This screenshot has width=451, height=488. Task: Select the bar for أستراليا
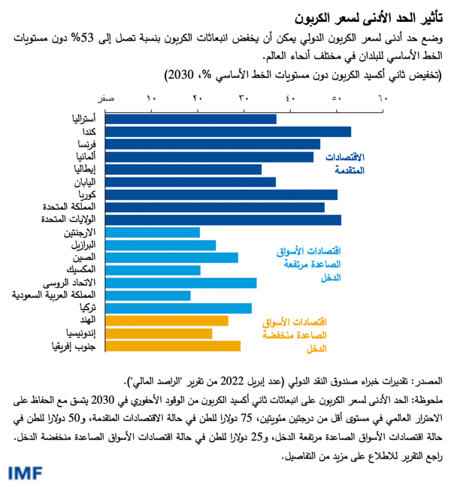[x=191, y=119]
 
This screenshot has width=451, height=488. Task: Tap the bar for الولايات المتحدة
[x=223, y=220]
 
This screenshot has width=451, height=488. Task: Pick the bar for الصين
[x=171, y=257]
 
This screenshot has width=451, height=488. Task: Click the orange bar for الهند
[x=167, y=320]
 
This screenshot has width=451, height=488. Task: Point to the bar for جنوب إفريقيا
[x=173, y=346]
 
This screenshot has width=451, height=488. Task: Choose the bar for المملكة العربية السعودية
[x=148, y=296]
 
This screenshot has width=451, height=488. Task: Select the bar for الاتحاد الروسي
[x=180, y=283]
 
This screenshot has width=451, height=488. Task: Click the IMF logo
[x=26, y=472]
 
